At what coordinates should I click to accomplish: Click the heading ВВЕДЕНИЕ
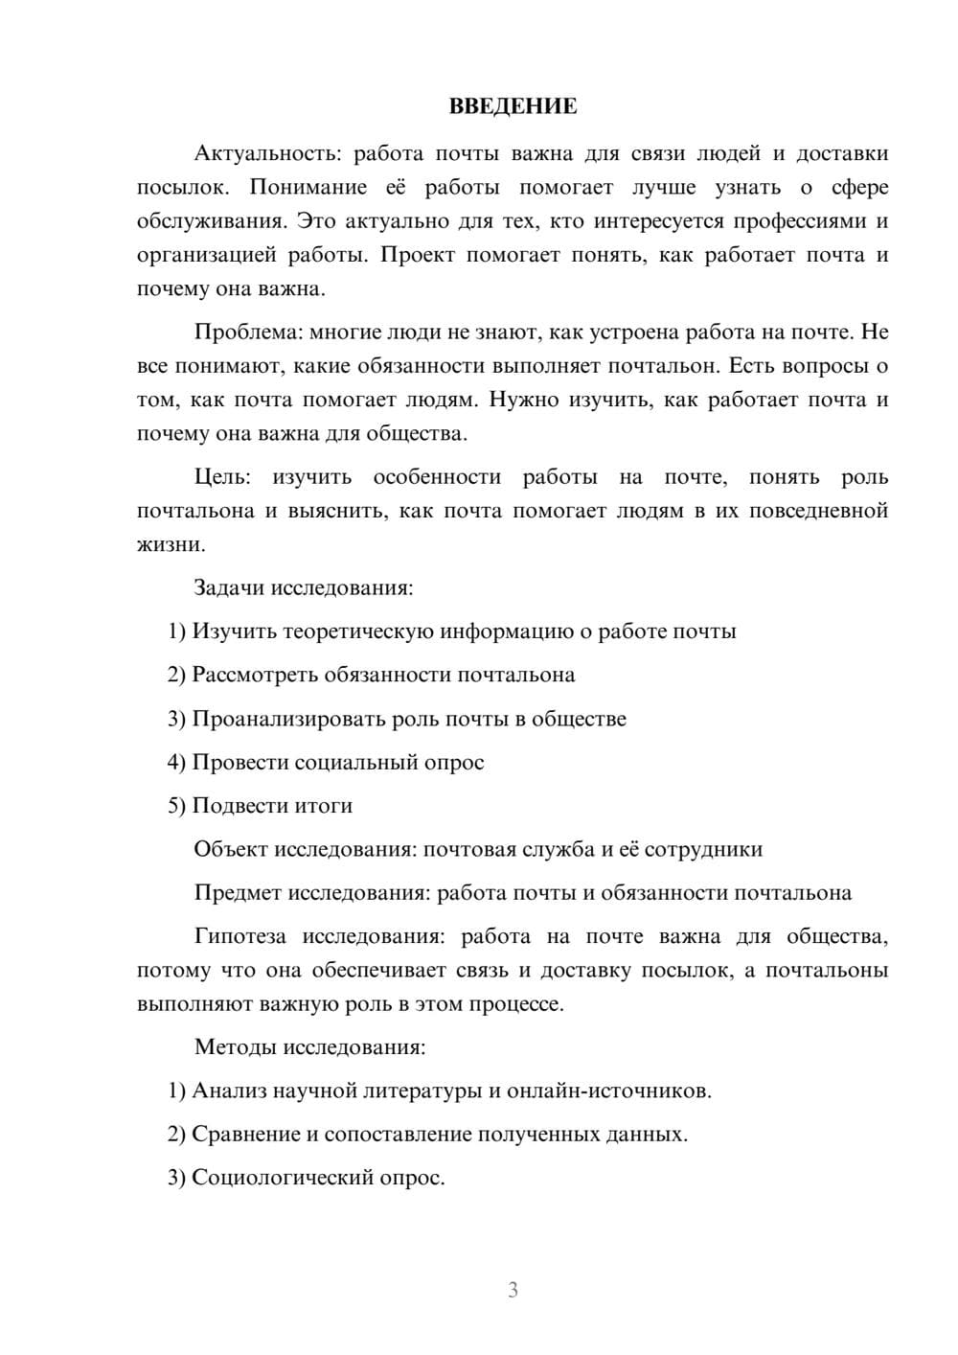[x=513, y=106]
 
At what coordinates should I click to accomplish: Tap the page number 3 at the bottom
[x=513, y=1290]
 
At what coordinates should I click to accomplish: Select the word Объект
[x=231, y=849]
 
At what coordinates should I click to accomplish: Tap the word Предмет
[x=238, y=892]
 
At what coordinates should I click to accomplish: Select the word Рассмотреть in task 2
[x=255, y=674]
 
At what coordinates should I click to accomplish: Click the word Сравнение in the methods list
[x=246, y=1134]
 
